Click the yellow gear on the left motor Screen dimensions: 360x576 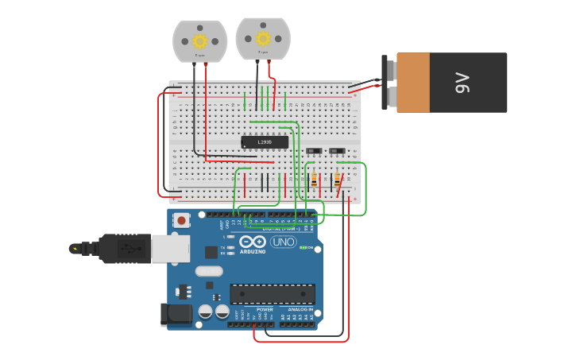(199, 41)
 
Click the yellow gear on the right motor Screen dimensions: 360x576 (262, 38)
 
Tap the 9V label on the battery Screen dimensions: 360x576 (462, 83)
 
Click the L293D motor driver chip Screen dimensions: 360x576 (265, 142)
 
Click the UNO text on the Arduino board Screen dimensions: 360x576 (284, 242)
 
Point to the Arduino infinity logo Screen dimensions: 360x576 (253, 242)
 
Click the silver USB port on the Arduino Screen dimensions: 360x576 (170, 248)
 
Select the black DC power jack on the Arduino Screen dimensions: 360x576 (176, 314)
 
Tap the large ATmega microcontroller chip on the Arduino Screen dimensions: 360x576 (272, 293)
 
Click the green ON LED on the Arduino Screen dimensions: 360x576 (302, 247)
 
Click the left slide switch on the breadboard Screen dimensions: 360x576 (315, 150)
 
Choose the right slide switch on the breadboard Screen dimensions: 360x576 (337, 150)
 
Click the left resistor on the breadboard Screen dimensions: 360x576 (314, 180)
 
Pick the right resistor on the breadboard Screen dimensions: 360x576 (337, 180)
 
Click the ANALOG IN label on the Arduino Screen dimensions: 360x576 (299, 309)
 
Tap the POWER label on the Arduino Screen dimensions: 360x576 (265, 309)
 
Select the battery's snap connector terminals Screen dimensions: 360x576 (389, 83)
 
